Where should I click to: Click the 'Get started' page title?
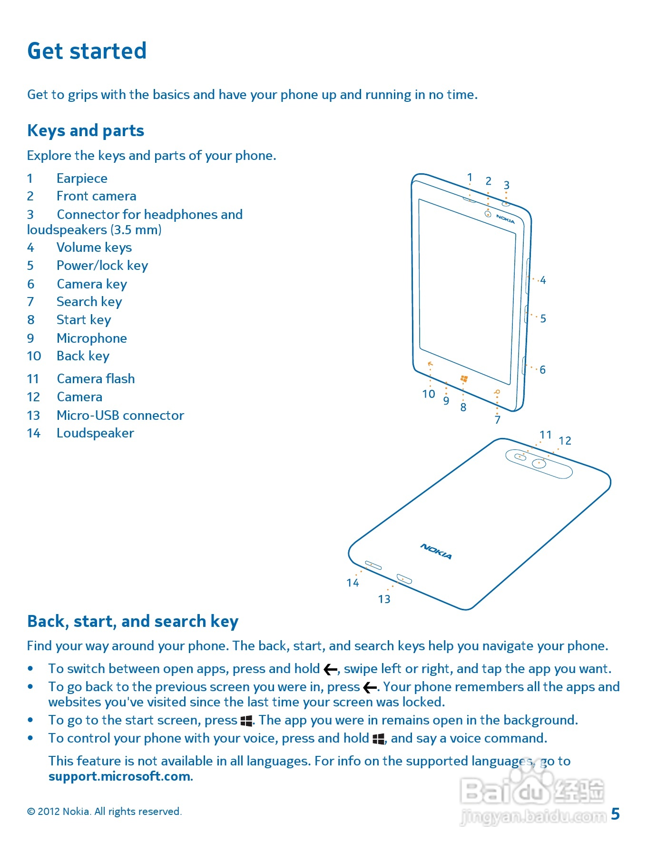[87, 51]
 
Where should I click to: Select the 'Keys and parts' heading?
[86, 130]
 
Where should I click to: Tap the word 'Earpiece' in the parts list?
[82, 179]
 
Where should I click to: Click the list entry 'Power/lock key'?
[102, 266]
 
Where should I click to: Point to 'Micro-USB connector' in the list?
[120, 416]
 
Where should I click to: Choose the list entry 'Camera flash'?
[96, 379]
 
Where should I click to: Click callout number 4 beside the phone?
[543, 280]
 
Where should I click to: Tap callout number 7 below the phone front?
[497, 420]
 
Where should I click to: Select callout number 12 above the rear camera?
[565, 441]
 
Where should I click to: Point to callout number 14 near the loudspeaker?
[353, 583]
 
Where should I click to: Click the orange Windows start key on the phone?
[464, 379]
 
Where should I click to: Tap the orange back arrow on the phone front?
[430, 364]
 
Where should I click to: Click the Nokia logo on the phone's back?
[436, 551]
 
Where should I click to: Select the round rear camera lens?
[539, 463]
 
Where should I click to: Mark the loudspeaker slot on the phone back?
[373, 565]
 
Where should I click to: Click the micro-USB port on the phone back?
[404, 579]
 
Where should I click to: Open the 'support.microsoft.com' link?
[120, 776]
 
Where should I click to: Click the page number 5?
[615, 814]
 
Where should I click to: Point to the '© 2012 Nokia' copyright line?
[104, 812]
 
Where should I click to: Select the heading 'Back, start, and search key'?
[133, 621]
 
